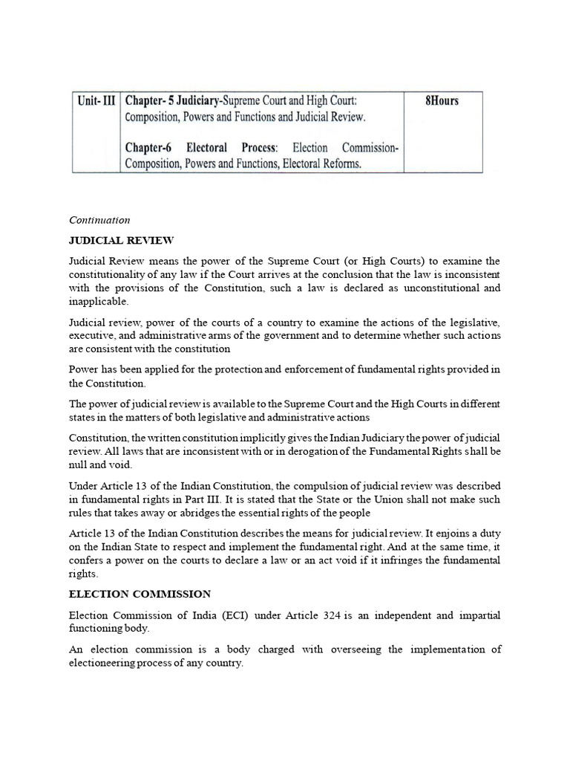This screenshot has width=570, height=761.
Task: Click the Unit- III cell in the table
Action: [x=95, y=100]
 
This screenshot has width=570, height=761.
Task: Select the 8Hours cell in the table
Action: [x=441, y=100]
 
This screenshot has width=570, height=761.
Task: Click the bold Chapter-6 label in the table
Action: [x=151, y=148]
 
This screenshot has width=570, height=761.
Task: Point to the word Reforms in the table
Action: [x=338, y=164]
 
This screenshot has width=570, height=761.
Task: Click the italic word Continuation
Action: [x=99, y=220]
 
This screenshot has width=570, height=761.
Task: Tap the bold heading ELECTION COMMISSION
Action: [x=140, y=594]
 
